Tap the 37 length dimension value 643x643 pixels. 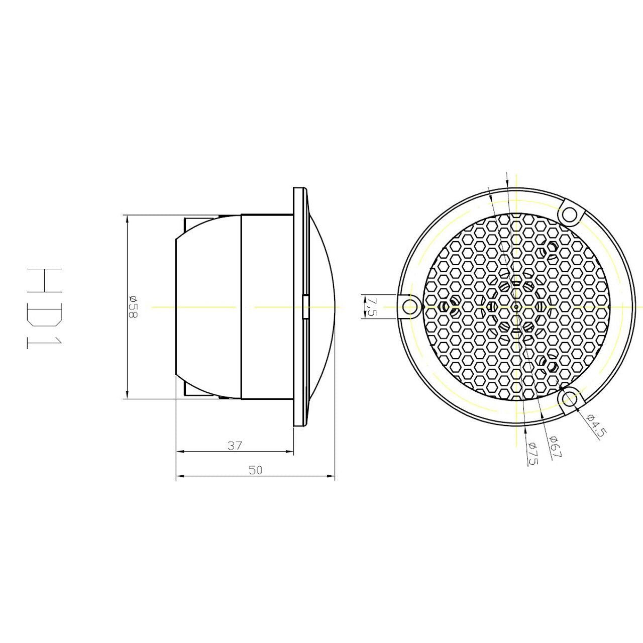[234, 446]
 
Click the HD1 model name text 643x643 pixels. [44, 308]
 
